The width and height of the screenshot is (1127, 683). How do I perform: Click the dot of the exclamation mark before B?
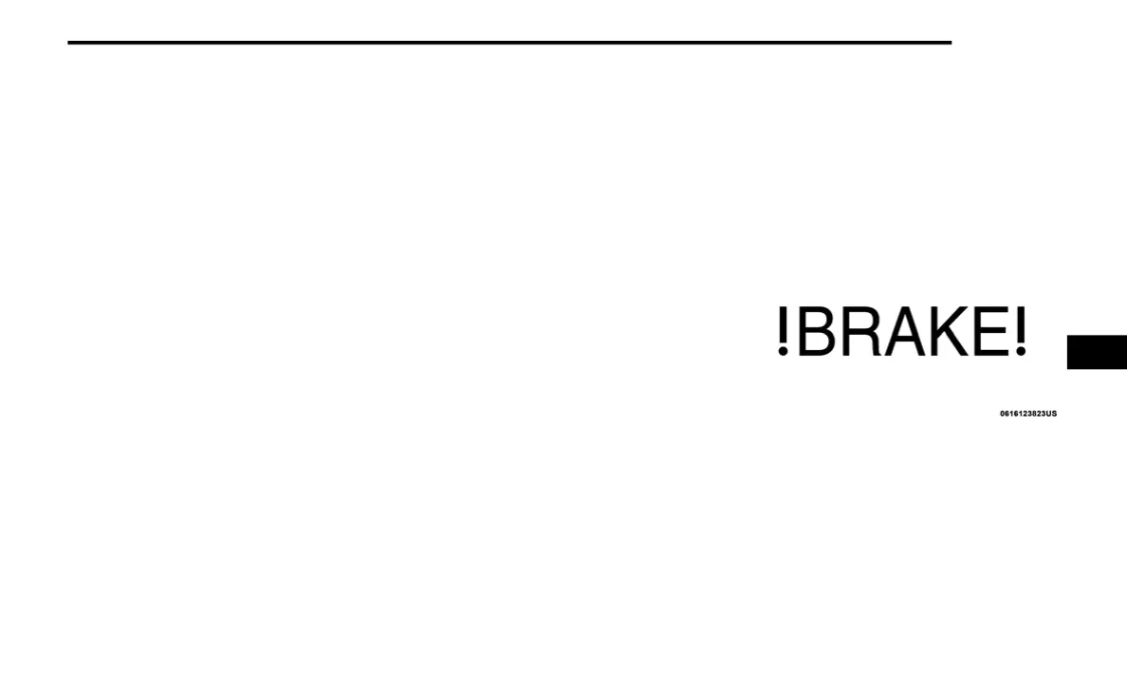coord(783,353)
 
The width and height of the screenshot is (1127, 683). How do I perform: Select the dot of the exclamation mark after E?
coord(1021,353)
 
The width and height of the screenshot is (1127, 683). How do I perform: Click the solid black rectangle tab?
coord(1097,352)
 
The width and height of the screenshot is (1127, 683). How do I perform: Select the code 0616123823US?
coord(1028,414)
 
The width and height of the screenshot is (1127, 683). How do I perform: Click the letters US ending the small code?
coord(1051,414)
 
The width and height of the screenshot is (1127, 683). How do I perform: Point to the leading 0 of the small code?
coord(1003,414)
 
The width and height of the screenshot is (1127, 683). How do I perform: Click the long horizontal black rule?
coord(509,43)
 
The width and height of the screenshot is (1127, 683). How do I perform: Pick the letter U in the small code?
coord(1048,414)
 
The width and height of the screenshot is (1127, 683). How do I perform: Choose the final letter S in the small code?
coord(1054,414)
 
